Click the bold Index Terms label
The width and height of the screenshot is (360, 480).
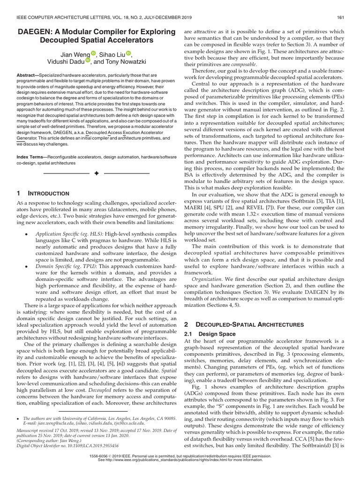[32, 155]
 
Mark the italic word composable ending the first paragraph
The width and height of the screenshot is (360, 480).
[243, 63]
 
